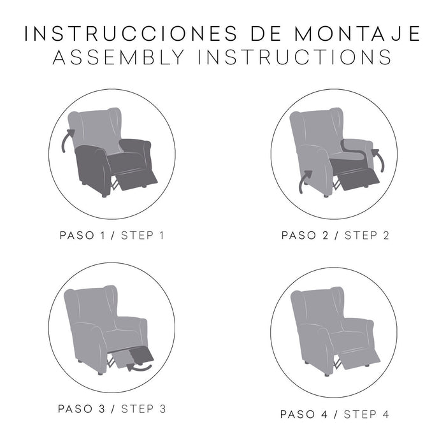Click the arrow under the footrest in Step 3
(x=140, y=367)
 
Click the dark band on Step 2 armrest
(x=354, y=147)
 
